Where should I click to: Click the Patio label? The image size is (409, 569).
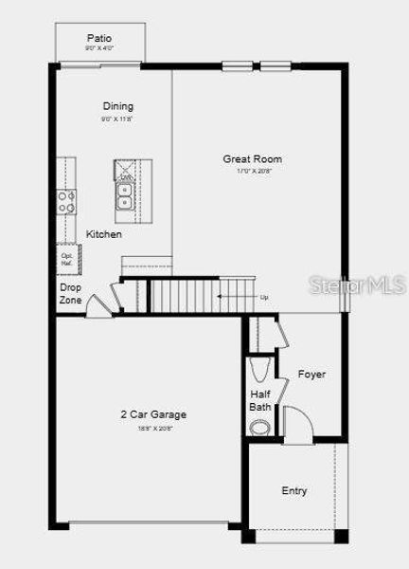(99, 37)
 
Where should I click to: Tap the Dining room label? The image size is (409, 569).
(118, 106)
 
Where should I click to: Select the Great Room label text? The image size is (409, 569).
(252, 158)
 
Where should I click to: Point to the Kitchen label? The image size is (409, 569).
(104, 234)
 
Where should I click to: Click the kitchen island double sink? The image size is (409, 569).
(125, 195)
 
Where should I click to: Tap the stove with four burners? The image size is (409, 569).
(67, 201)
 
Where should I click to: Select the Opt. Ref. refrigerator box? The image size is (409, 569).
(67, 259)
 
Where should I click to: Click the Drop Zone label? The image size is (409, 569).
(70, 293)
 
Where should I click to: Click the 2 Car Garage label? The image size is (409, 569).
(152, 414)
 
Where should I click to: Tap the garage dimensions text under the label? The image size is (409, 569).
(152, 429)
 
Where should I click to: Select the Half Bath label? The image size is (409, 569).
(260, 400)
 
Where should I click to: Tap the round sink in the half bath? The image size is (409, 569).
(259, 427)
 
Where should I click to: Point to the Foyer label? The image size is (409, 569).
(311, 374)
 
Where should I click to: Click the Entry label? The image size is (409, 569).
(293, 490)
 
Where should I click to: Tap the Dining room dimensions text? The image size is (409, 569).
(117, 120)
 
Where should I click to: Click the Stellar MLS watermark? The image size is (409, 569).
(361, 284)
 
